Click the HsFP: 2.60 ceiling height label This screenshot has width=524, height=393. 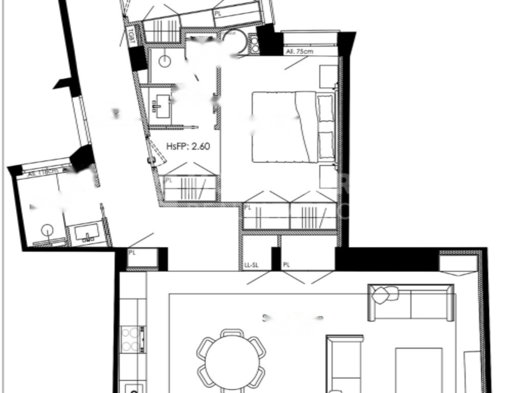[x=188, y=146]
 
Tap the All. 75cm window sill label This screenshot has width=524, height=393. [x=300, y=51]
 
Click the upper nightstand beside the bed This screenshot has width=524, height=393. [x=328, y=76]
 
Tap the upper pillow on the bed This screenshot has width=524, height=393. [x=325, y=107]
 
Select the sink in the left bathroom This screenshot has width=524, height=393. [x=88, y=233]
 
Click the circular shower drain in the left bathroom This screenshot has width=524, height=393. [x=48, y=230]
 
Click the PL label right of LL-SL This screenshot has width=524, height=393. [x=286, y=265]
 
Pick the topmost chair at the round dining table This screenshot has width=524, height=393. [x=232, y=333]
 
